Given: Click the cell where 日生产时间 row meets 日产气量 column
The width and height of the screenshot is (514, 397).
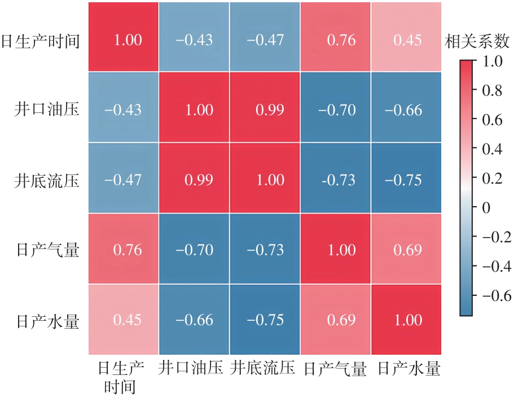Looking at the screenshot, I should tap(336, 40).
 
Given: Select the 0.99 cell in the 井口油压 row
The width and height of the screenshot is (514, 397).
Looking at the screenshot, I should tap(265, 110).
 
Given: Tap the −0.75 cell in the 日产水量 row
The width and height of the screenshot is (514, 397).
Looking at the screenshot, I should tap(265, 320).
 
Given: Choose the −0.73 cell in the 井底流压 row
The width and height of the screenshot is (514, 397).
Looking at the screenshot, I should tap(336, 180).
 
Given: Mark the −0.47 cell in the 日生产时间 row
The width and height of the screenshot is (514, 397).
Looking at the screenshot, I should tap(265, 40).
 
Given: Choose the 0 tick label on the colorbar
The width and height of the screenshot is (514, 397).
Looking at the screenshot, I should tap(485, 208).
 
